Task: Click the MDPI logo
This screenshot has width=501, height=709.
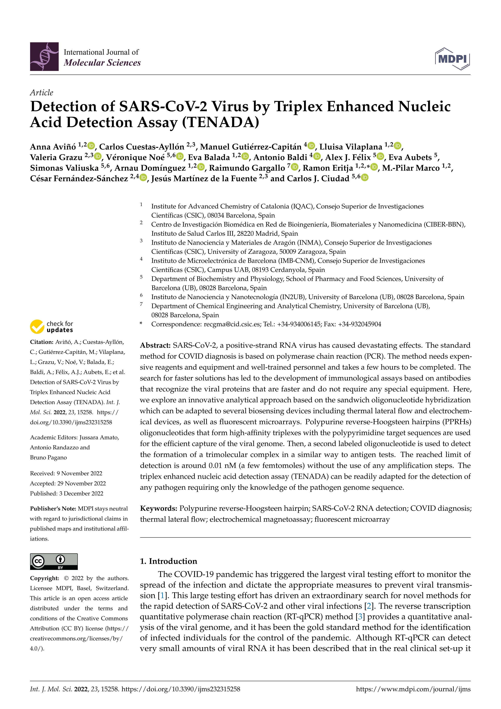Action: click(452, 59)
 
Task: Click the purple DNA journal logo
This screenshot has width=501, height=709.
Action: click(44, 57)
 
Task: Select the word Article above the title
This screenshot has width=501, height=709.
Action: click(41, 93)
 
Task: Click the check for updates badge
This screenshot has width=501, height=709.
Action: click(52, 326)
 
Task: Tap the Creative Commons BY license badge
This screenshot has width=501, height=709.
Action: click(54, 561)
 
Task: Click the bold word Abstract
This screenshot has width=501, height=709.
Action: click(155, 345)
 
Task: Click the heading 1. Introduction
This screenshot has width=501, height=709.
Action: click(168, 561)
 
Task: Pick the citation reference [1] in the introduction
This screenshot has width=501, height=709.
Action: click(161, 595)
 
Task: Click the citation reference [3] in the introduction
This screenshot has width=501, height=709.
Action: click(360, 617)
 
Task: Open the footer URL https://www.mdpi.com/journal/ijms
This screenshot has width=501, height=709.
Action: click(413, 689)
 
